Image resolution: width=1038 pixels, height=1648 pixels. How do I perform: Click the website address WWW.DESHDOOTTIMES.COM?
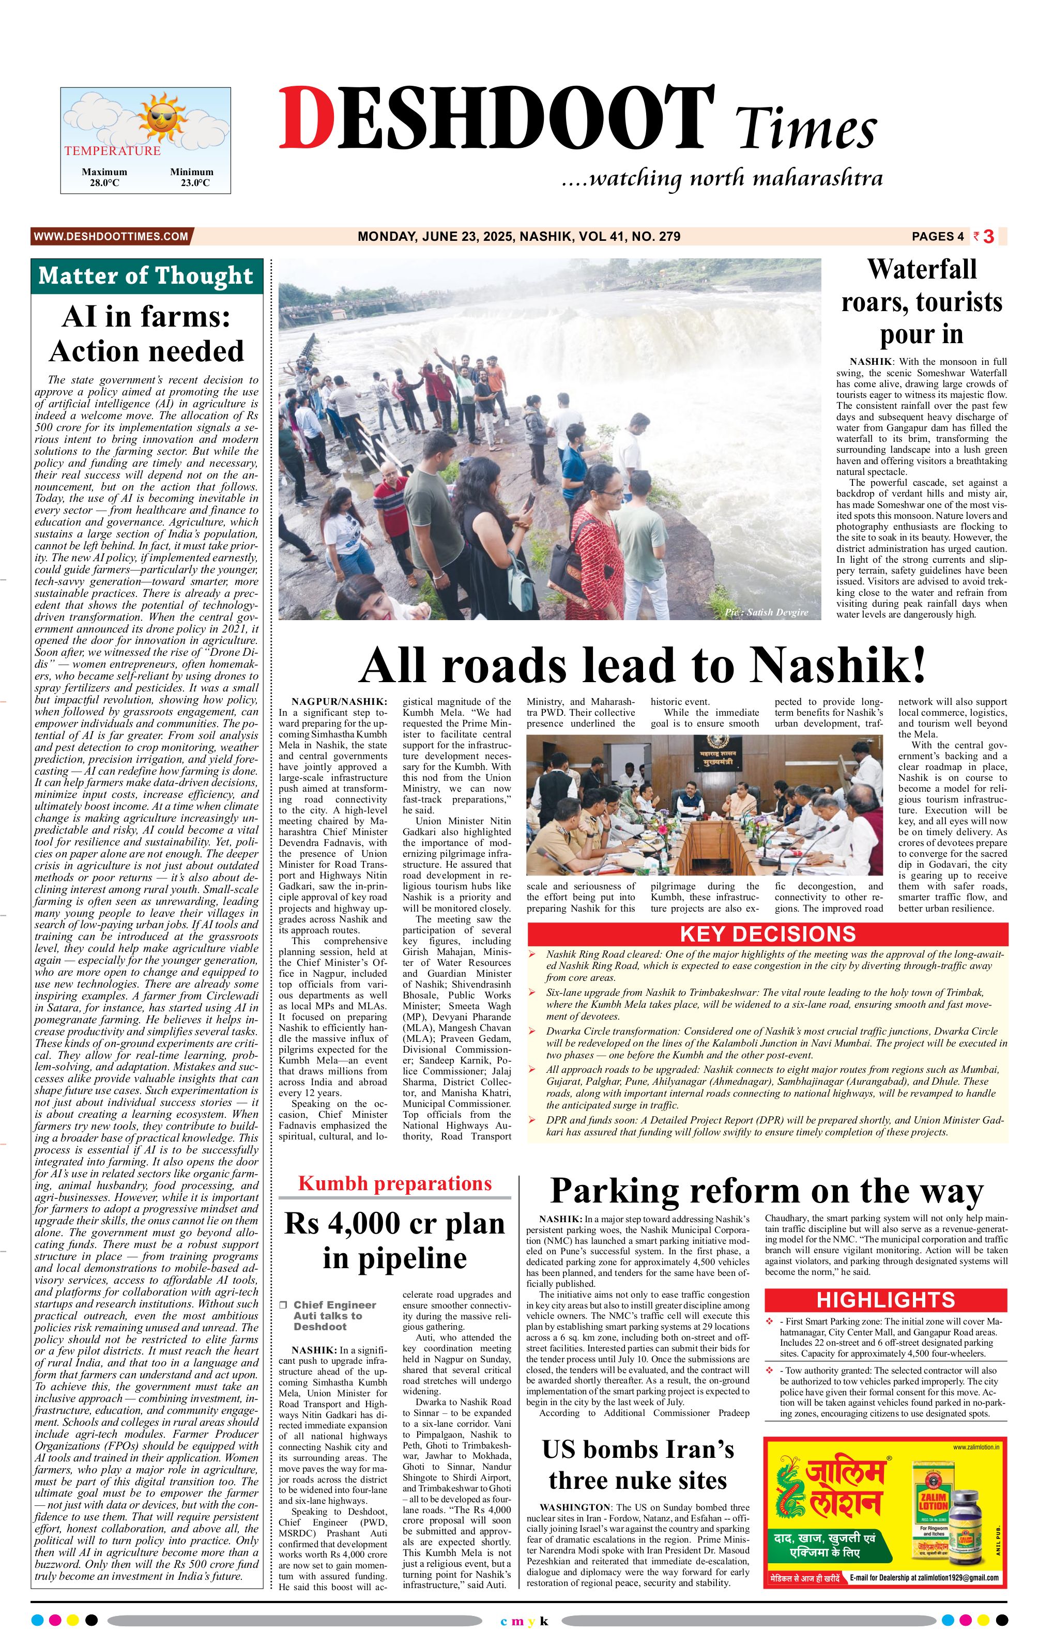pos(110,237)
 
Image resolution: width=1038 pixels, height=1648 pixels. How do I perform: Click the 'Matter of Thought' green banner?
pos(146,276)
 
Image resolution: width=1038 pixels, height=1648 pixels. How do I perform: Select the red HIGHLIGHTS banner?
pos(886,1300)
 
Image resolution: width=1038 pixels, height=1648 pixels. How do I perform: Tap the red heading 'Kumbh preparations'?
pos(394,1183)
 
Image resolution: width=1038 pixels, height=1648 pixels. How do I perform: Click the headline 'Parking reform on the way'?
pos(766,1191)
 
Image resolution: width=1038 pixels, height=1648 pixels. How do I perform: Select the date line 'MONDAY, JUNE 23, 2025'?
pos(435,237)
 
